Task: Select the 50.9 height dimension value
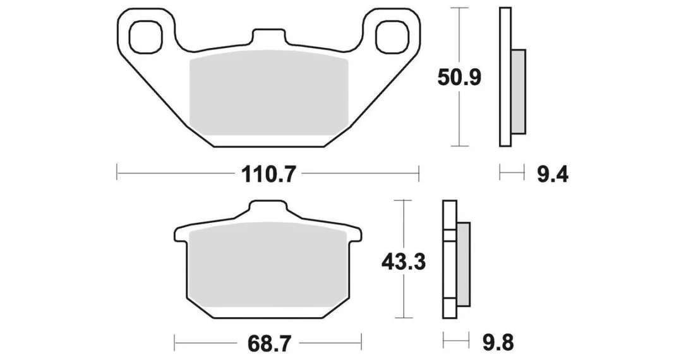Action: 459,78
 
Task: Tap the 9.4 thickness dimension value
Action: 552,174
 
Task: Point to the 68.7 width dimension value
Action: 268,344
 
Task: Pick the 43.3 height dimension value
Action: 404,263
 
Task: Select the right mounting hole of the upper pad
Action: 392,37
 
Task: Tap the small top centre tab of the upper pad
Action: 270,37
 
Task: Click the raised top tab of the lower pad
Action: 268,208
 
